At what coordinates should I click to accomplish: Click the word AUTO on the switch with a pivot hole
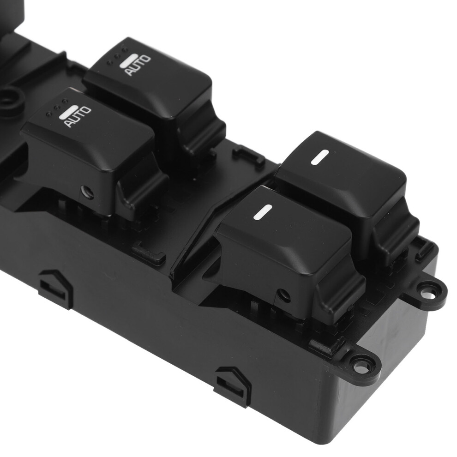pos(78,117)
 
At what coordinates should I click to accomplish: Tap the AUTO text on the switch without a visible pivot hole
pos(138,65)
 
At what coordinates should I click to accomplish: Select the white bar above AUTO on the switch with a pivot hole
pos(67,112)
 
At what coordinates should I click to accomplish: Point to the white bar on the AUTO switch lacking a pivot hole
pos(128,60)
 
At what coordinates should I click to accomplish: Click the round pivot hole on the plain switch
pos(283,295)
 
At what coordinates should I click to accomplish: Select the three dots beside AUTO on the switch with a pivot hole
pos(57,107)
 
